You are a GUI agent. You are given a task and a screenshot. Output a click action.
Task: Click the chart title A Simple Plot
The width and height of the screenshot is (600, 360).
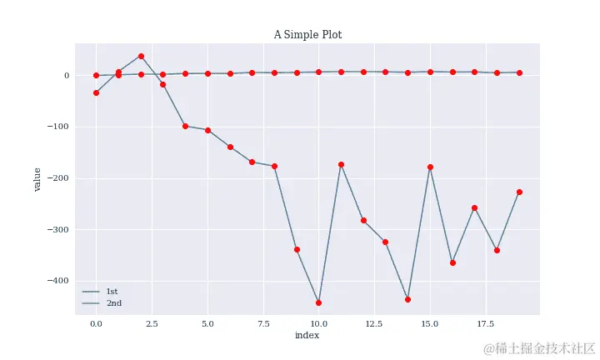point(307,35)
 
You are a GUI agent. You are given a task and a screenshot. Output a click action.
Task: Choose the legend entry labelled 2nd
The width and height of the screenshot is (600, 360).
point(113,302)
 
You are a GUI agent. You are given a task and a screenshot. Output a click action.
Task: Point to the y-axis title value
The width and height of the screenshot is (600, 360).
point(37,179)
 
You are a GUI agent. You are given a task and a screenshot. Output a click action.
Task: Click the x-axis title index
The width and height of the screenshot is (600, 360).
point(307,335)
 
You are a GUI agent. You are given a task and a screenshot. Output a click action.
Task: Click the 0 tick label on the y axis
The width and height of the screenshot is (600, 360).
point(66,76)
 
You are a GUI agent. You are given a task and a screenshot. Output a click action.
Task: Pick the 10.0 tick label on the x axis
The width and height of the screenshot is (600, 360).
point(318,322)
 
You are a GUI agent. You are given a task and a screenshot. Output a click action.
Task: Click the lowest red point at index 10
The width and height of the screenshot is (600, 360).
point(318,302)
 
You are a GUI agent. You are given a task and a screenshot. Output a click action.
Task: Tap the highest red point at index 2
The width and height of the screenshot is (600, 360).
point(141,56)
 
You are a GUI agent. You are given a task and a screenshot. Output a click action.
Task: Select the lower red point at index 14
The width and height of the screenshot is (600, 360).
point(407,299)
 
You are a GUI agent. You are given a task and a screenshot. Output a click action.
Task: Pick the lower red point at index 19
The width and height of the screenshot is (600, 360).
point(519,192)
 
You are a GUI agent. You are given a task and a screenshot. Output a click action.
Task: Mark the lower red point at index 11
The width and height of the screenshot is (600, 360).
point(341,164)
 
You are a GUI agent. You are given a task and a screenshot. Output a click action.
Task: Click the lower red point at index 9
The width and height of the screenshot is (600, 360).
point(297,249)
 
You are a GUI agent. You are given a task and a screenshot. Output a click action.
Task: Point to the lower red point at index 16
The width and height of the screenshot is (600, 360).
point(452,262)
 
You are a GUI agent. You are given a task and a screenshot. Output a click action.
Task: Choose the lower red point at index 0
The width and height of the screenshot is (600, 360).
point(96,92)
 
